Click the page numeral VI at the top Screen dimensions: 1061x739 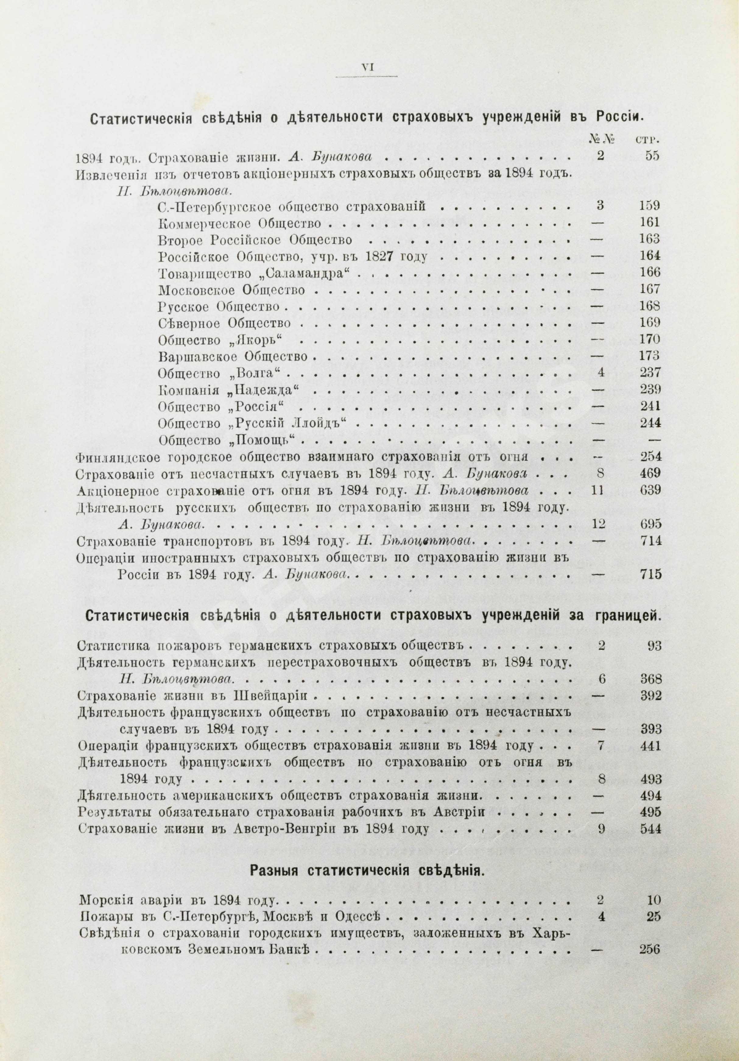click(367, 68)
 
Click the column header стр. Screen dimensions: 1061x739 click(648, 139)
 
